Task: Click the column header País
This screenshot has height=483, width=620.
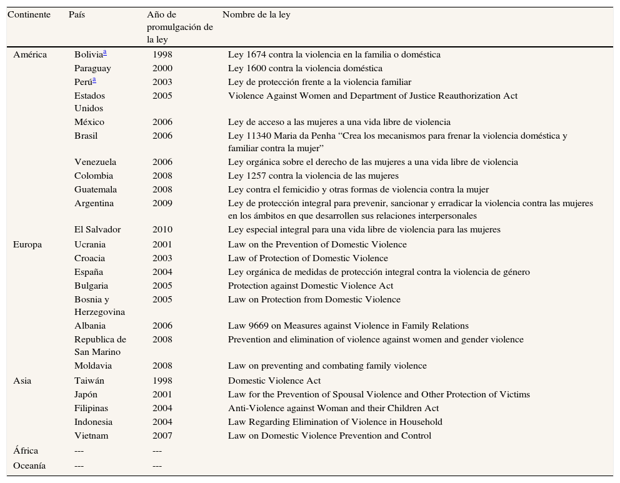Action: pyautogui.click(x=76, y=14)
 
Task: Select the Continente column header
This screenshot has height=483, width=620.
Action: pyautogui.click(x=29, y=14)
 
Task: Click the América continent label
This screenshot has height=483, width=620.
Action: pyautogui.click(x=30, y=54)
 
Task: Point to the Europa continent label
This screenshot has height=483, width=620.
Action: pyautogui.click(x=27, y=244)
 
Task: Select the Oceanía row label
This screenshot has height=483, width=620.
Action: pyautogui.click(x=29, y=466)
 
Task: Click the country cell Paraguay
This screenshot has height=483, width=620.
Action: pyautogui.click(x=92, y=68)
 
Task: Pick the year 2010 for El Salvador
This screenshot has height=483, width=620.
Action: pyautogui.click(x=162, y=229)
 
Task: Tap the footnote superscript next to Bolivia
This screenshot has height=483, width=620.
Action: pyautogui.click(x=105, y=52)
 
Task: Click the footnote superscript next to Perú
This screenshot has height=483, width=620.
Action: pyautogui.click(x=94, y=80)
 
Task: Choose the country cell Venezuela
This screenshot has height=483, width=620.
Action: pyautogui.click(x=96, y=162)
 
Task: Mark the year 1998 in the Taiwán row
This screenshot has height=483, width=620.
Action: pyautogui.click(x=162, y=381)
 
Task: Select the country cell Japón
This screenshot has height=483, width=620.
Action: pyautogui.click(x=86, y=394)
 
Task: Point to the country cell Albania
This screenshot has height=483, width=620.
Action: pyautogui.click(x=90, y=326)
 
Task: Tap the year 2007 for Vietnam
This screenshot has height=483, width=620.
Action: pyautogui.click(x=162, y=436)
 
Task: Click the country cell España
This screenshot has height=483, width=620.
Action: pyautogui.click(x=89, y=272)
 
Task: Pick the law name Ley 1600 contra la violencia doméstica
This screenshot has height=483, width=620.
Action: pyautogui.click(x=305, y=68)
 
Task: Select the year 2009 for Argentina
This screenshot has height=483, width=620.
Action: pyautogui.click(x=162, y=203)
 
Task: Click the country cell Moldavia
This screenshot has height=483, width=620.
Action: pyautogui.click(x=93, y=366)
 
